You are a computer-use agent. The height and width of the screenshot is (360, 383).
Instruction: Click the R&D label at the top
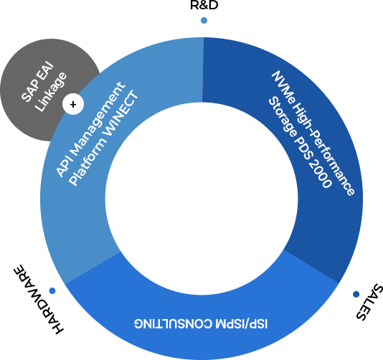point(204,5)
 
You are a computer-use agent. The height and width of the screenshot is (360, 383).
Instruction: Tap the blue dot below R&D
point(204,21)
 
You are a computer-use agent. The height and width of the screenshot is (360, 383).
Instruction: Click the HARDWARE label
point(38,300)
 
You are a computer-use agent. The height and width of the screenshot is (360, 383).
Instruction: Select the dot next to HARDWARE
point(52,290)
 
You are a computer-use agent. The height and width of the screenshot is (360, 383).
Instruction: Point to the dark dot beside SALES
point(356,294)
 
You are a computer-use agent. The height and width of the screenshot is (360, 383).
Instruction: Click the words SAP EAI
point(37,82)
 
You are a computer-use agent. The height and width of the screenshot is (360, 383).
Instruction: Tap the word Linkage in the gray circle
point(50,92)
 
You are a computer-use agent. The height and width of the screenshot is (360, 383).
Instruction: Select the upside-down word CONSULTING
point(174,324)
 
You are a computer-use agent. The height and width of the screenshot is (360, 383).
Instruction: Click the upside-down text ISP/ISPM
point(242,324)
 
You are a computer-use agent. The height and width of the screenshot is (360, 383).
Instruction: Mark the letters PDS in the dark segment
point(303,148)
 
